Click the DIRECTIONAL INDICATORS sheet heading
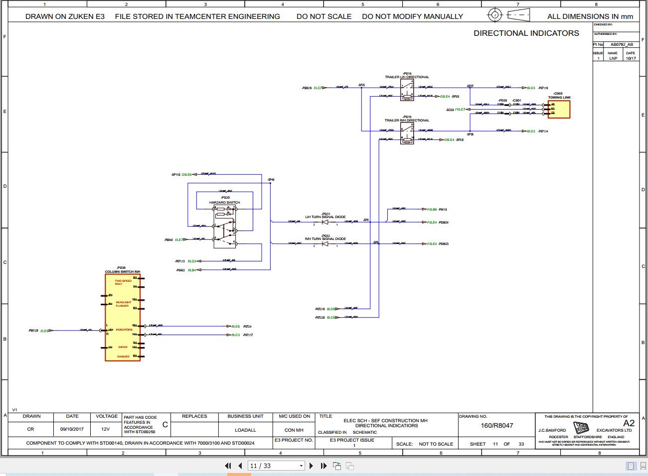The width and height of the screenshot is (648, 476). point(526,33)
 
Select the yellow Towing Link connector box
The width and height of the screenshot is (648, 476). point(559,109)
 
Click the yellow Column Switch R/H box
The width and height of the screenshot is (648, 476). point(123,317)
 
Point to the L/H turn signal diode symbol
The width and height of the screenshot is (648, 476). point(325,222)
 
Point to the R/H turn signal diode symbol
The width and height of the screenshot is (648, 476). point(325,243)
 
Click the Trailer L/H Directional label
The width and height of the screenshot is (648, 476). point(407,77)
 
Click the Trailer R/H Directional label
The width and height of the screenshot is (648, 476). point(407,120)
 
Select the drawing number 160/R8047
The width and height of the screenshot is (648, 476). point(496,426)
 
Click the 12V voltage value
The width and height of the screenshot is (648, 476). point(105,429)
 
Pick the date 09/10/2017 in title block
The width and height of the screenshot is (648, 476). point(72,429)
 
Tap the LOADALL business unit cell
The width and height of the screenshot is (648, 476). point(245,430)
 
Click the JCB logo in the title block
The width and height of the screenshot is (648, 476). point(581,428)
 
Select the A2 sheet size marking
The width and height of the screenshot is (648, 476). point(629,423)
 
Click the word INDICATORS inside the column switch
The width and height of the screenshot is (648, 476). point(124,330)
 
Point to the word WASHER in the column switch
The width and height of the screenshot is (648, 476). point(123,357)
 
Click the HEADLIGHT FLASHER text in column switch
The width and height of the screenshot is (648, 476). point(123,304)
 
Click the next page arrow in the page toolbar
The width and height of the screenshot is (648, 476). point(311,466)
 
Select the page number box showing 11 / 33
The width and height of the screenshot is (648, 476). point(276,466)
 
